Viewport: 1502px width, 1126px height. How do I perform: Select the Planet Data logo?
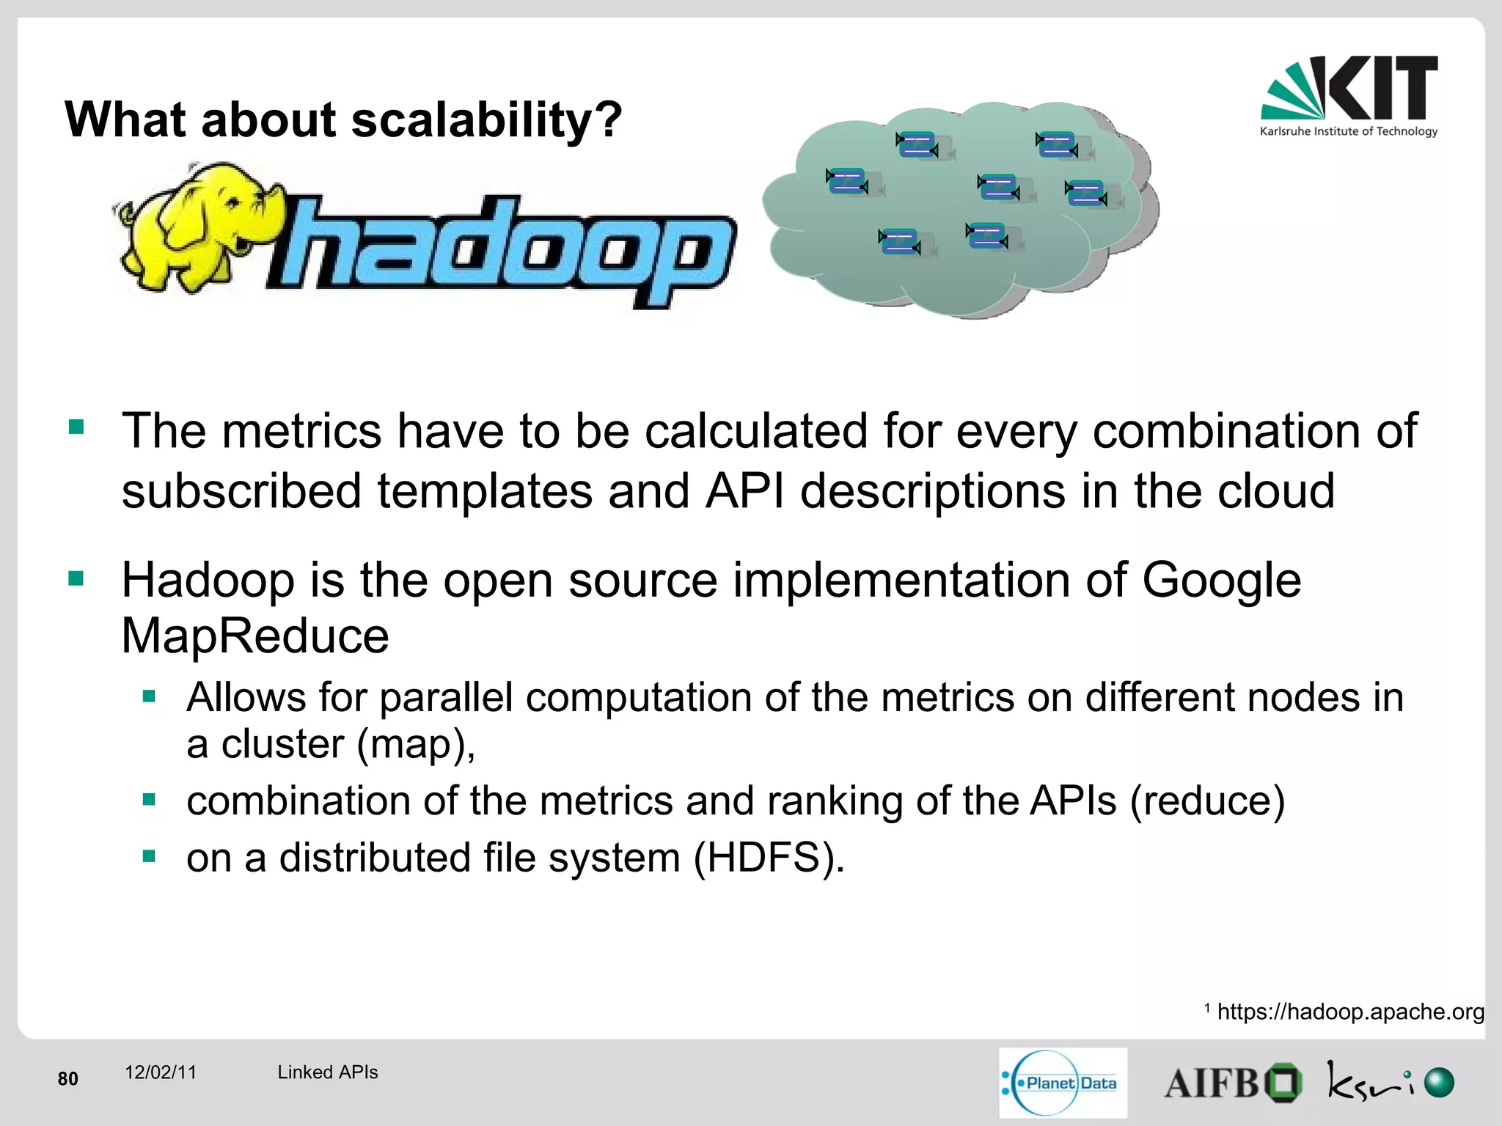[x=1063, y=1082]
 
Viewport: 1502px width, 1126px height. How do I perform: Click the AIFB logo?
[x=1232, y=1083]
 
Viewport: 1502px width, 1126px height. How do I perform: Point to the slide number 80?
[x=67, y=1078]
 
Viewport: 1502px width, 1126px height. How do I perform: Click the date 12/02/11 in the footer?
[x=161, y=1072]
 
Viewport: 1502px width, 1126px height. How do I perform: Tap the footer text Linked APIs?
[x=327, y=1072]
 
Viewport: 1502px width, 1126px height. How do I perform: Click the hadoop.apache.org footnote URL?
[x=1350, y=1012]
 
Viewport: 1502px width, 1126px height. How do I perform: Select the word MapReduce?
[x=254, y=636]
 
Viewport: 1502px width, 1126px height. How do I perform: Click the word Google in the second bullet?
[x=1220, y=580]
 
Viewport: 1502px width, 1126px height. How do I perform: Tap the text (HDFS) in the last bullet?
[x=769, y=857]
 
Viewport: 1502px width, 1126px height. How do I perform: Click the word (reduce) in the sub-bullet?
[x=1207, y=800]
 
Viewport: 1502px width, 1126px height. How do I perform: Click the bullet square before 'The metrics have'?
[x=76, y=427]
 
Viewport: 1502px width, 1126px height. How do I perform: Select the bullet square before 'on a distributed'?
[x=150, y=855]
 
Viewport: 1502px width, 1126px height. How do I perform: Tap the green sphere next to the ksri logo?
[x=1439, y=1083]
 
